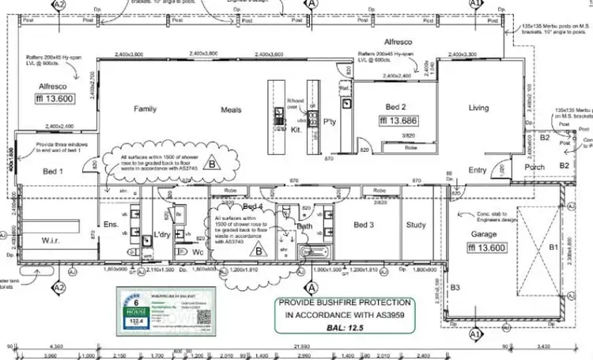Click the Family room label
145,109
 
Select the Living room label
479,108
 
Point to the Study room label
416,225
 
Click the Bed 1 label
52,172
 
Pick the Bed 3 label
364,225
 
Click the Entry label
478,170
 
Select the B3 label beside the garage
455,287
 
